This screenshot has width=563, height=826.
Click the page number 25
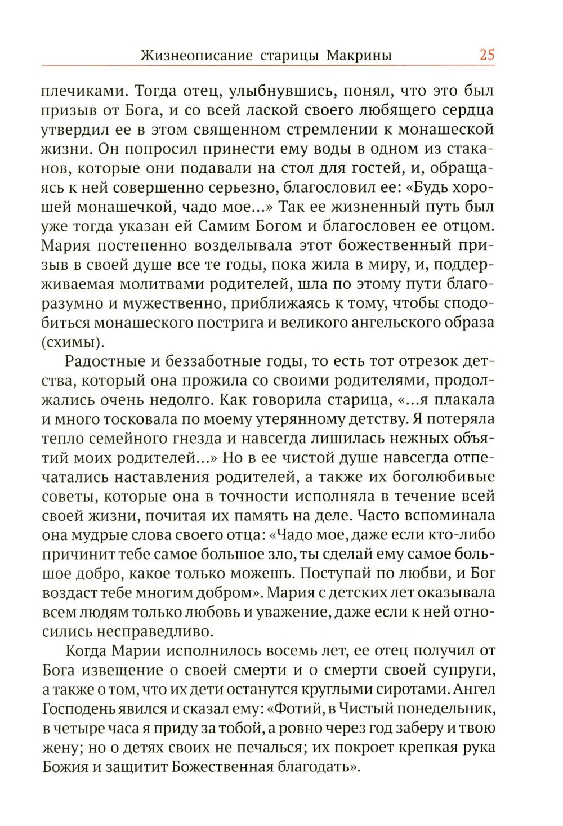[x=486, y=55]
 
